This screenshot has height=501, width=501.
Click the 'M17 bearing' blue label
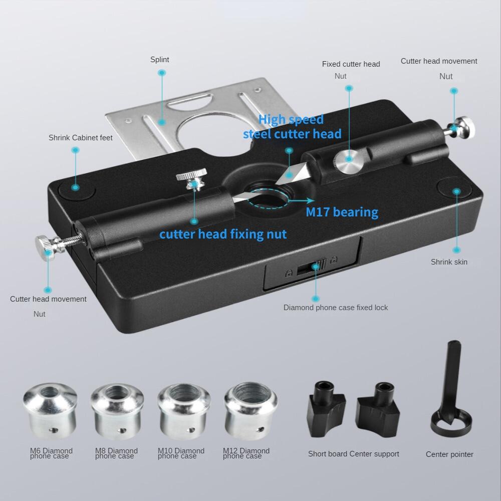pyautogui.click(x=342, y=212)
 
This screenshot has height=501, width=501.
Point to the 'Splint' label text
pyautogui.click(x=160, y=60)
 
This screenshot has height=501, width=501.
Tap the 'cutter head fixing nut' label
pyautogui.click(x=223, y=234)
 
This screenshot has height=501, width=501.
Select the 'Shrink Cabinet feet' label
pyautogui.click(x=81, y=137)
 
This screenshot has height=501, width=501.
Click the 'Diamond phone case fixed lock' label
pyautogui.click(x=336, y=307)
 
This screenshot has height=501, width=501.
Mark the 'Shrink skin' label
pyautogui.click(x=449, y=262)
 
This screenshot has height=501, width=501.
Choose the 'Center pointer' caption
pyautogui.click(x=449, y=454)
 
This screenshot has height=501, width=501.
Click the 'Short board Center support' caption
pyautogui.click(x=354, y=454)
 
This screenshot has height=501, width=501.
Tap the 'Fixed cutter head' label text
pyautogui.click(x=351, y=64)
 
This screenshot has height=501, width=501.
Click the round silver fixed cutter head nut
pyautogui.click(x=349, y=162)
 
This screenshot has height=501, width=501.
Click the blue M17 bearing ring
pyautogui.click(x=271, y=198)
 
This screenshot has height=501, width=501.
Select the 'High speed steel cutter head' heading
pyautogui.click(x=292, y=126)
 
